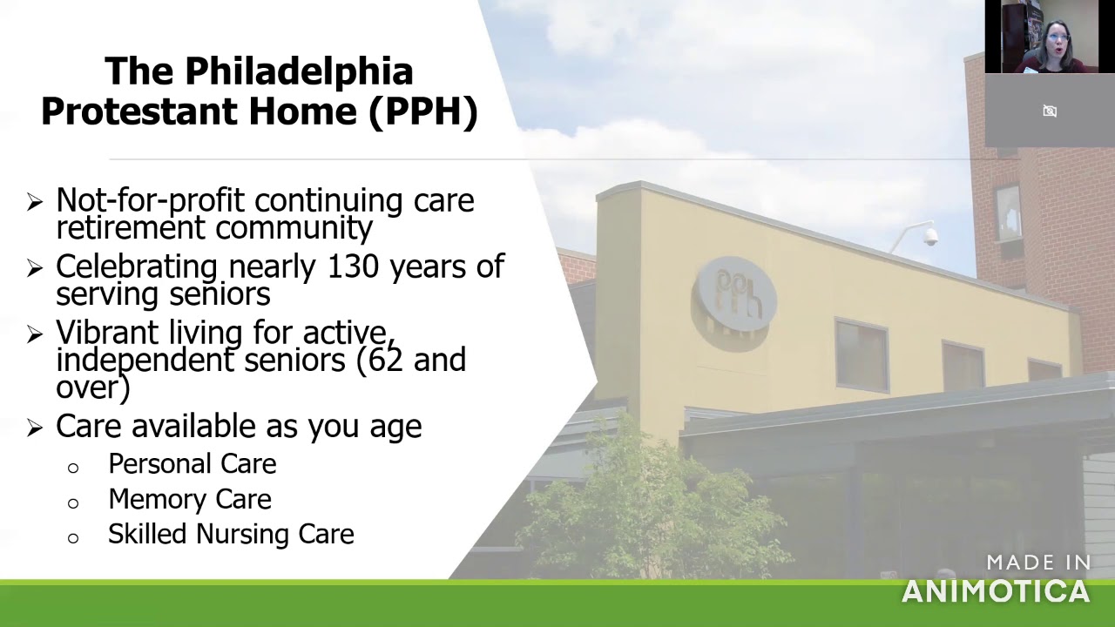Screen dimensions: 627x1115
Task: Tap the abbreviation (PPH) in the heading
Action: point(423,112)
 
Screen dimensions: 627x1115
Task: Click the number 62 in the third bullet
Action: point(386,360)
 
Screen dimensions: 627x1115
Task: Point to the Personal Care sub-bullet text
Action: point(192,464)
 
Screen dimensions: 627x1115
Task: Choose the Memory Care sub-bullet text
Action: point(189,499)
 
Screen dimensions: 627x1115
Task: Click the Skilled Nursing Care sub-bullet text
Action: point(231,534)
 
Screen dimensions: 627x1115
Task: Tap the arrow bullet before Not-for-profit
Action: point(35,202)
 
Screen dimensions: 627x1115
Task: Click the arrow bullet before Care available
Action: point(35,427)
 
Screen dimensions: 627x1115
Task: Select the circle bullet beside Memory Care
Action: point(73,502)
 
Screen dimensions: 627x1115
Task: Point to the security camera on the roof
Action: point(929,236)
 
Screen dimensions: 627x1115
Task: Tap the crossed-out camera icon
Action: point(1050,111)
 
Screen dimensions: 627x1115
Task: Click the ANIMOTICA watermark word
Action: point(995,592)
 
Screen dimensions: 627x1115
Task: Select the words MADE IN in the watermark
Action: point(1038,563)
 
